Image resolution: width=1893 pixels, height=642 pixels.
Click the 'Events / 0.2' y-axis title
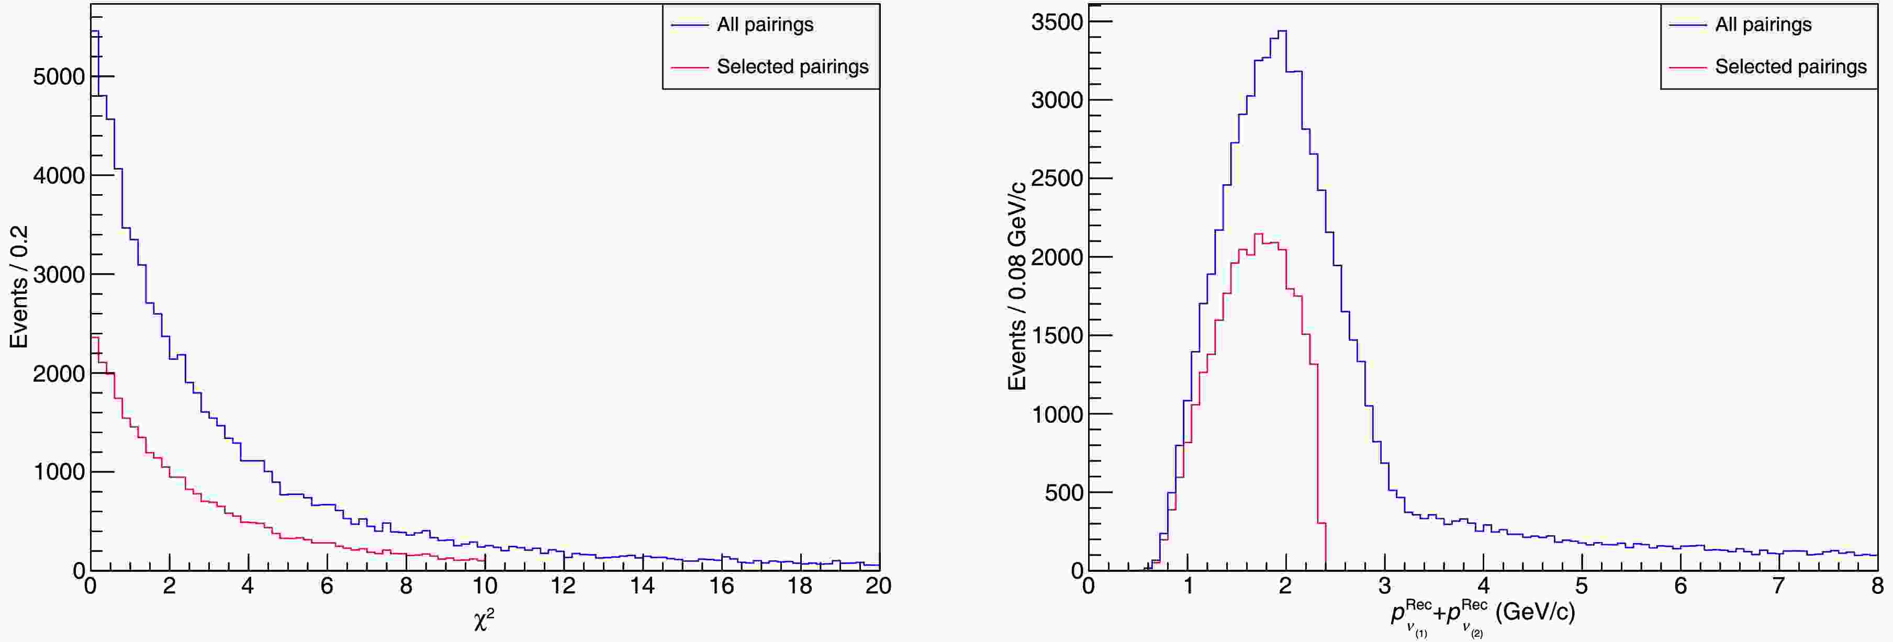18,287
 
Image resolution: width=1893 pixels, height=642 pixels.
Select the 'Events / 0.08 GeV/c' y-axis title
1017,287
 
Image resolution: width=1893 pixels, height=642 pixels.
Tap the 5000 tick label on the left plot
59,76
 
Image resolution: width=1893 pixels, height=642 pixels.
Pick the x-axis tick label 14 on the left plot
642,586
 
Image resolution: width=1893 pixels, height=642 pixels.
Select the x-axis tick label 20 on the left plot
878,586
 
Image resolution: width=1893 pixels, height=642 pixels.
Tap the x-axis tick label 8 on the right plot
1877,586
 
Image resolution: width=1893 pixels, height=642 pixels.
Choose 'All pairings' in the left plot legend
765,25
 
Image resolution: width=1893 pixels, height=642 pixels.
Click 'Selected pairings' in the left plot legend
792,67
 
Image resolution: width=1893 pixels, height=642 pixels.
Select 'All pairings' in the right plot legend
1763,25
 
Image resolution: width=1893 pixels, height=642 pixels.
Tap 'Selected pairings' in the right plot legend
1790,67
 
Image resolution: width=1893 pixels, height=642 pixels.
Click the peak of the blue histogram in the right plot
1282,31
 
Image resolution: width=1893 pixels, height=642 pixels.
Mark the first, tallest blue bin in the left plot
95,31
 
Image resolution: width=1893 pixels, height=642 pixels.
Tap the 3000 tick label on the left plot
59,274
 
